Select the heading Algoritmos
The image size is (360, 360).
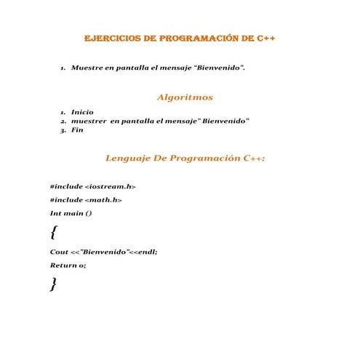pyautogui.click(x=185, y=97)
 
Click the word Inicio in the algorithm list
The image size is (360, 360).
pyautogui.click(x=82, y=112)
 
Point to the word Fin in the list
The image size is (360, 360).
pyautogui.click(x=77, y=130)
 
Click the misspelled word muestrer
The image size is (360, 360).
pyautogui.click(x=88, y=121)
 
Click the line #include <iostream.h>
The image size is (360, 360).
pyautogui.click(x=92, y=186)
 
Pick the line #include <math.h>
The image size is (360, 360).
pyautogui.click(x=86, y=199)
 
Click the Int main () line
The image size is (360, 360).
pyautogui.click(x=71, y=213)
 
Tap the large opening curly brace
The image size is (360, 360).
pyautogui.click(x=53, y=233)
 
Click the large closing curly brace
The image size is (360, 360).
pyautogui.click(x=53, y=284)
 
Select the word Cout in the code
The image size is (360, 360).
pyautogui.click(x=59, y=252)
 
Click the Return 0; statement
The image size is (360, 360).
pyautogui.click(x=68, y=265)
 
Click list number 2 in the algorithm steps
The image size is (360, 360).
pyautogui.click(x=63, y=121)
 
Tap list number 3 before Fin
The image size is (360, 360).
pyautogui.click(x=63, y=130)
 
